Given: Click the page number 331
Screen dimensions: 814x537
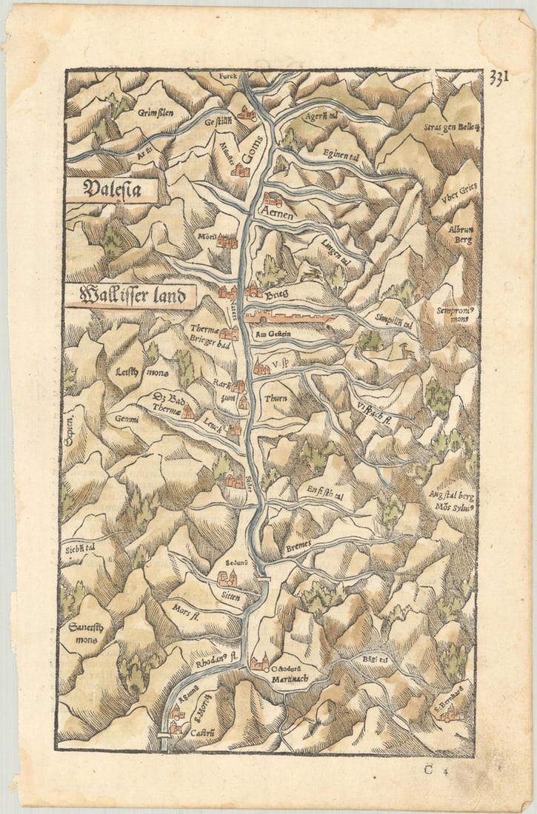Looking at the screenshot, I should (x=498, y=77).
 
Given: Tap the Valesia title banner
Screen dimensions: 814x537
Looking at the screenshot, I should (x=111, y=190).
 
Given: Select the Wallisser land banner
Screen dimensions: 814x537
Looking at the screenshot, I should (x=129, y=296).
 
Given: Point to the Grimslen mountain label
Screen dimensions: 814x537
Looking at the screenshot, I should (x=155, y=112).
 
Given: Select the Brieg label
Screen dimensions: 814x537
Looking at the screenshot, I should (x=276, y=294).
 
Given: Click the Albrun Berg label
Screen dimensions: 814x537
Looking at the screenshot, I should (x=459, y=234).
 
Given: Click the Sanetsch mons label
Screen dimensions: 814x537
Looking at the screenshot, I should (x=84, y=634).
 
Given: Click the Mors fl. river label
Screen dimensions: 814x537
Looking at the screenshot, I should (x=182, y=612).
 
